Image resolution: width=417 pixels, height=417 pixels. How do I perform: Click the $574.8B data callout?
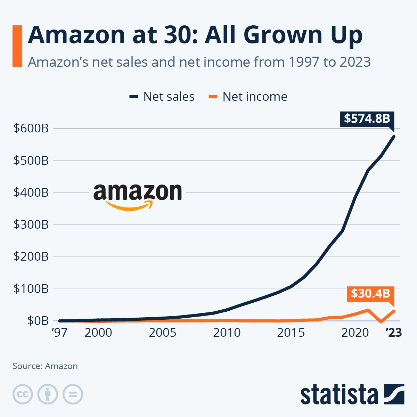pyautogui.click(x=367, y=118)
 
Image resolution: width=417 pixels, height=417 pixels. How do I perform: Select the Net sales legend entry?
pyautogui.click(x=162, y=97)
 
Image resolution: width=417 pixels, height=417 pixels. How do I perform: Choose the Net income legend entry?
pyautogui.click(x=248, y=97)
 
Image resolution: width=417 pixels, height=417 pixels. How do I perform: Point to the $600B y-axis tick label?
pyautogui.click(x=31, y=128)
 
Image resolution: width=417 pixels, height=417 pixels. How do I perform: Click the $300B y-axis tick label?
pyautogui.click(x=31, y=224)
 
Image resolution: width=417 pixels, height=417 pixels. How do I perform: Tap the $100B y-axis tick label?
pyautogui.click(x=31, y=289)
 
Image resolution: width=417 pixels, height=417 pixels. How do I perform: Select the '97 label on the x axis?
pyautogui.click(x=59, y=333)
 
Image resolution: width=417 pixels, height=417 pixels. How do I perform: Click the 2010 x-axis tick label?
pyautogui.click(x=227, y=333)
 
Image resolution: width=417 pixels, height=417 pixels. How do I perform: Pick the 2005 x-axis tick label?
pyautogui.click(x=162, y=333)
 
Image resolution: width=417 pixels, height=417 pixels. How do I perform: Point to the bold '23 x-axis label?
pyautogui.click(x=394, y=333)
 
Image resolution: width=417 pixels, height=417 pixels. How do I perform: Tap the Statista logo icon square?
pyautogui.click(x=394, y=394)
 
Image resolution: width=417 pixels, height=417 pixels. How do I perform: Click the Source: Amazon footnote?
pyautogui.click(x=45, y=366)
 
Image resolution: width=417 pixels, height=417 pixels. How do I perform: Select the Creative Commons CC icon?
pyautogui.click(x=23, y=394)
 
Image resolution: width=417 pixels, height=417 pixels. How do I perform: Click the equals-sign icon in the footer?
pyautogui.click(x=73, y=394)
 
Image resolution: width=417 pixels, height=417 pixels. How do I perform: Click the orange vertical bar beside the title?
pyautogui.click(x=17, y=46)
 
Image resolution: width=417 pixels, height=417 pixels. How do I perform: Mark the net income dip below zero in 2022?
pyautogui.click(x=381, y=322)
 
